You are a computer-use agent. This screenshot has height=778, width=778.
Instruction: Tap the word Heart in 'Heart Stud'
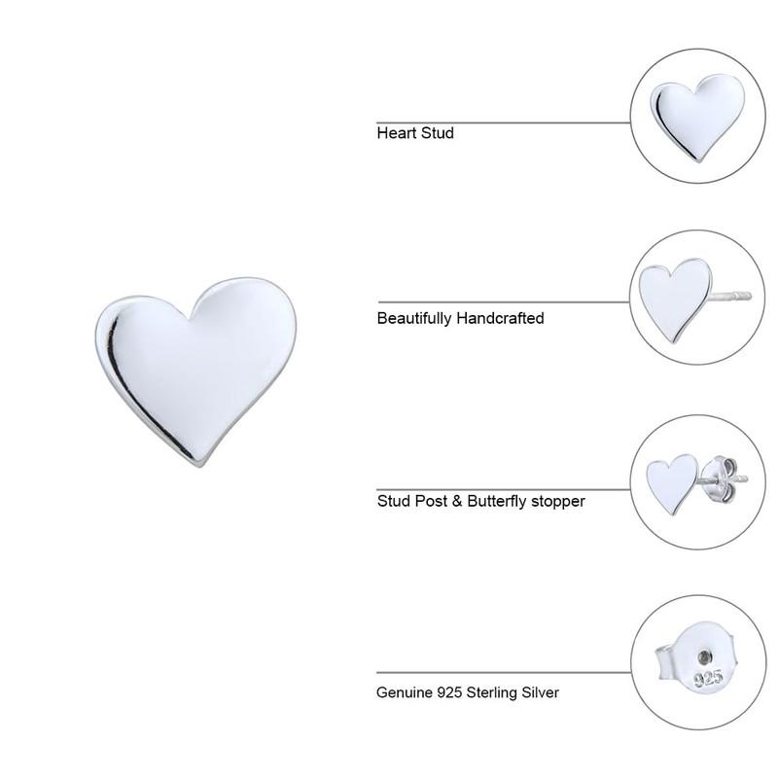[x=396, y=132]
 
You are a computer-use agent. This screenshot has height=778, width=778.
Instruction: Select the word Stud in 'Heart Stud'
[x=437, y=132]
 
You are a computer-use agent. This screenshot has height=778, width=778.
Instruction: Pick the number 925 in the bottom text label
[x=451, y=693]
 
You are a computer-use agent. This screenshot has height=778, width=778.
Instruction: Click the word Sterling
[x=495, y=693]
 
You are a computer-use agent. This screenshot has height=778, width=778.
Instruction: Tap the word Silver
[x=542, y=693]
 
